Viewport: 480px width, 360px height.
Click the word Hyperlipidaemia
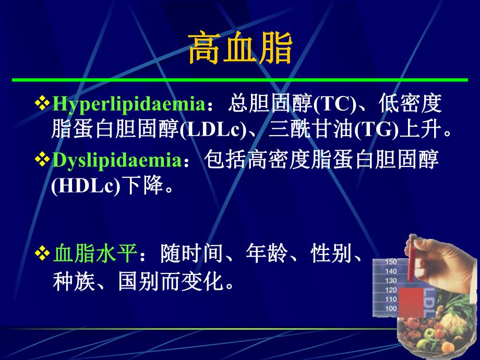tap(128, 104)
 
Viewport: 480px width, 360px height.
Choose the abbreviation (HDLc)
tap(85, 187)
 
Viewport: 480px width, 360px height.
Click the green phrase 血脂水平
tap(95, 255)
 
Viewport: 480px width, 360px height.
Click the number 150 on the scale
tap(391, 262)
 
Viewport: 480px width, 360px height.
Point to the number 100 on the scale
tap(391, 309)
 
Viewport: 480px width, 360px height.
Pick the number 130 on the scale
tap(391, 281)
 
